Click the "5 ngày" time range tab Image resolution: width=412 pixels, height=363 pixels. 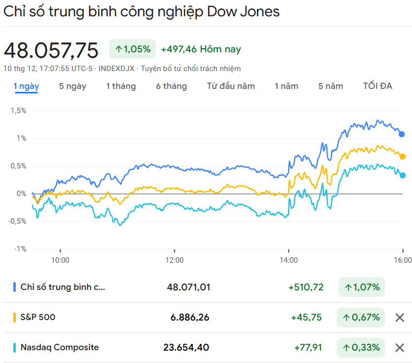click(72, 86)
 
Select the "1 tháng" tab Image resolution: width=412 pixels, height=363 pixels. click(121, 86)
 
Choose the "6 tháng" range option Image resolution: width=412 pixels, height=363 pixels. click(172, 86)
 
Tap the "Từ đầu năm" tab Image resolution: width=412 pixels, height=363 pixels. click(231, 86)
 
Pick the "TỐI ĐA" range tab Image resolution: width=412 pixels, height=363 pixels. click(378, 86)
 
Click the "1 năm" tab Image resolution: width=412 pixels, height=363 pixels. click(286, 86)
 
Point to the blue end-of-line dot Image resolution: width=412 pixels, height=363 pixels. click(402, 134)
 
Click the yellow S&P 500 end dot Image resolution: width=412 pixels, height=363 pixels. click(403, 157)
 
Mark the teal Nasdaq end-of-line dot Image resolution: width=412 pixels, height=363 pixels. click(403, 175)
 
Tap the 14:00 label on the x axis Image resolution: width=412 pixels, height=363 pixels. click(289, 260)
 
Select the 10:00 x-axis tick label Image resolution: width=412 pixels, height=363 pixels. click(60, 260)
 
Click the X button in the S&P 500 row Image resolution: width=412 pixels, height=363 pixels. click(400, 318)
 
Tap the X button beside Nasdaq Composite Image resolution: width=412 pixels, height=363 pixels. click(400, 348)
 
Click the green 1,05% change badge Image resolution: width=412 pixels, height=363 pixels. click(132, 49)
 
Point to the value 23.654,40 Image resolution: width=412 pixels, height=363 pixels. click(186, 348)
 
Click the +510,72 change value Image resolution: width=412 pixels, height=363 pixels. click(306, 287)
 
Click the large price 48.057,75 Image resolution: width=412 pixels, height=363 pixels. click(51, 50)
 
